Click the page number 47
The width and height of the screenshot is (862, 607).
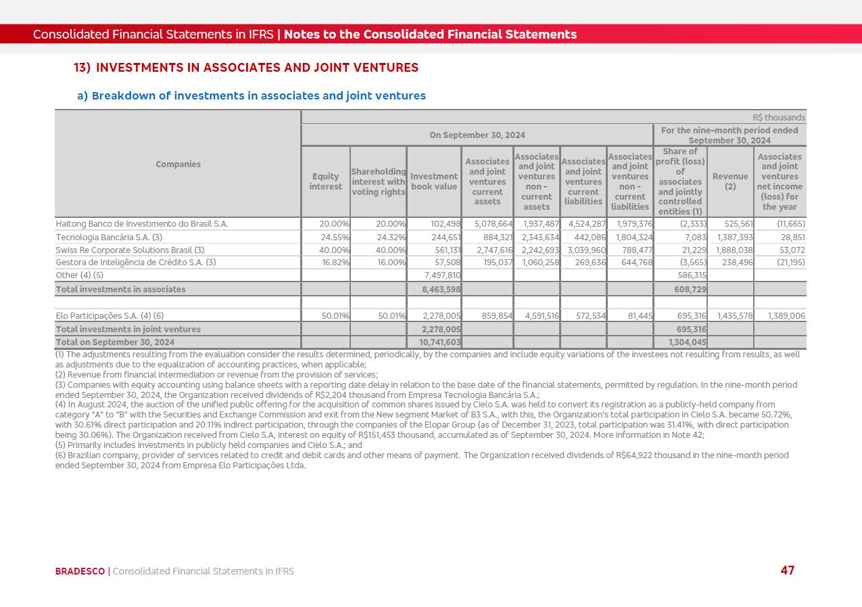[x=787, y=570]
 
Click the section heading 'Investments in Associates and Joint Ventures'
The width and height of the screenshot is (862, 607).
[x=257, y=68]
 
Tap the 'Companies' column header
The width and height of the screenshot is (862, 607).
[x=178, y=164]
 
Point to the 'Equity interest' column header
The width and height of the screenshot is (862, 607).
[x=325, y=181]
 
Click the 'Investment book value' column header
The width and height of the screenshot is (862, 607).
[x=434, y=181]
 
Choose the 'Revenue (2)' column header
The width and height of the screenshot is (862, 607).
[x=730, y=181]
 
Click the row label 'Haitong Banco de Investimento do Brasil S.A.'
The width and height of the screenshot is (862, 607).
[x=142, y=224]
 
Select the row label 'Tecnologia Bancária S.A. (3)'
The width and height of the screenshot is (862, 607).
[x=109, y=238]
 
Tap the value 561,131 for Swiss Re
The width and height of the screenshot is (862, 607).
[x=446, y=250]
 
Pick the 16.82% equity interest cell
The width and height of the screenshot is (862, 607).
[x=335, y=263]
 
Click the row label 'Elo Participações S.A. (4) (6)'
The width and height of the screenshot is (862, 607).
[x=110, y=316]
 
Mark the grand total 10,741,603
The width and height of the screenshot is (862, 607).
[x=440, y=342]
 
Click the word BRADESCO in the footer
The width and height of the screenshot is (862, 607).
[x=80, y=571]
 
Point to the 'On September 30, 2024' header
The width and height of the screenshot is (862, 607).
[x=477, y=135]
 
